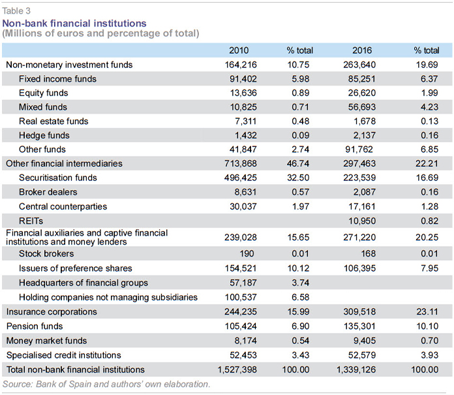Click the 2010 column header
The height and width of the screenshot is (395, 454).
pyautogui.click(x=239, y=50)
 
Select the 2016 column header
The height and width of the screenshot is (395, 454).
pyautogui.click(x=362, y=50)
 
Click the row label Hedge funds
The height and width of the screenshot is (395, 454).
pyautogui.click(x=44, y=135)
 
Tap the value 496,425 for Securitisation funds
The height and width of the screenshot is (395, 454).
pyautogui.click(x=240, y=178)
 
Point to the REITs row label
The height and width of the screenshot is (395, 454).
pyautogui.click(x=31, y=221)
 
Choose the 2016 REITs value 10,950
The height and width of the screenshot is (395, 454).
pyautogui.click(x=362, y=221)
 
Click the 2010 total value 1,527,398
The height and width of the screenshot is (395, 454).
pyautogui.click(x=237, y=370)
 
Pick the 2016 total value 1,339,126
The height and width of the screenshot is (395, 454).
pyautogui.click(x=356, y=370)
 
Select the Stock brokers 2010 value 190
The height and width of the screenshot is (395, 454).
pyautogui.click(x=247, y=253)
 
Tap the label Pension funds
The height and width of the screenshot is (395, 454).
pyautogui.click(x=35, y=326)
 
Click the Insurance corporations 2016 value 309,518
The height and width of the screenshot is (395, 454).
pyautogui.click(x=359, y=312)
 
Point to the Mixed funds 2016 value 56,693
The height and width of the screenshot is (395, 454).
pyautogui.click(x=362, y=107)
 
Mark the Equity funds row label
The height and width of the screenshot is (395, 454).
pyautogui.click(x=44, y=93)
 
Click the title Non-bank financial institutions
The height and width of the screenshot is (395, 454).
pyautogui.click(x=74, y=24)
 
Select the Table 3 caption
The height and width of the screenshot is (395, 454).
pyautogui.click(x=16, y=11)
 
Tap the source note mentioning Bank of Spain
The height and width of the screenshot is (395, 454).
pyautogui.click(x=106, y=385)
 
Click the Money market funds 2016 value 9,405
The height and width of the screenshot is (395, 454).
pyautogui.click(x=365, y=341)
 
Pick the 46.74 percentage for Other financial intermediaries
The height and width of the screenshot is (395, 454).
pyautogui.click(x=298, y=163)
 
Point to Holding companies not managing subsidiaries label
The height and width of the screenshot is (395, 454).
pyautogui.click(x=108, y=297)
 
